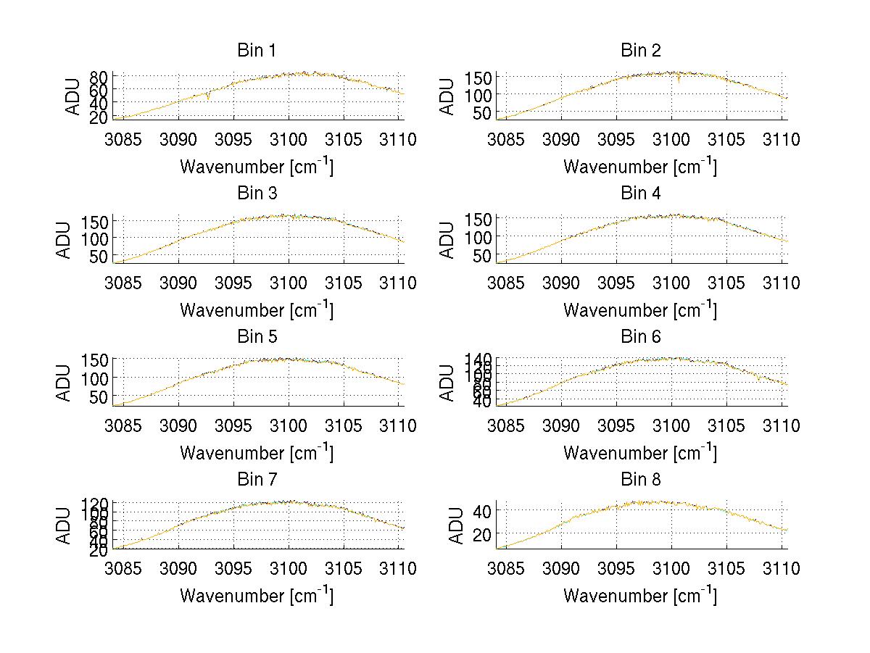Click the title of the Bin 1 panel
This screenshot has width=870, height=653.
[x=257, y=51]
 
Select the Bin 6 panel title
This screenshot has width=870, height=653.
[x=640, y=337]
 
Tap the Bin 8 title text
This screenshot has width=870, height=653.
[x=640, y=480]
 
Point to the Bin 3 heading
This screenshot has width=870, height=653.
[x=257, y=194]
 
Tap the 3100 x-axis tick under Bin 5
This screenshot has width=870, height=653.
[x=289, y=425]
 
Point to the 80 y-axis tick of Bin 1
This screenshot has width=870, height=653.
[x=99, y=76]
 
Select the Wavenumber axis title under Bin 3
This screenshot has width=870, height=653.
[x=257, y=309]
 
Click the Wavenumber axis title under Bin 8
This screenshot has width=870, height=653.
[x=640, y=596]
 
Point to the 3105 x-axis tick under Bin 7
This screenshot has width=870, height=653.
[x=344, y=568]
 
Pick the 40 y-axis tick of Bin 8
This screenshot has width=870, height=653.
[x=483, y=511]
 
